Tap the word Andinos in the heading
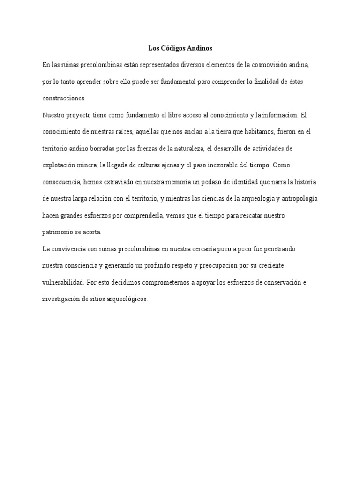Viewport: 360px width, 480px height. tap(201, 48)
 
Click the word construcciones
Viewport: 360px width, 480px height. tap(64, 98)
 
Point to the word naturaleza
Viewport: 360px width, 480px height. tap(189, 149)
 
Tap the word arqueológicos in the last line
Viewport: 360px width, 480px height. tap(127, 299)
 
